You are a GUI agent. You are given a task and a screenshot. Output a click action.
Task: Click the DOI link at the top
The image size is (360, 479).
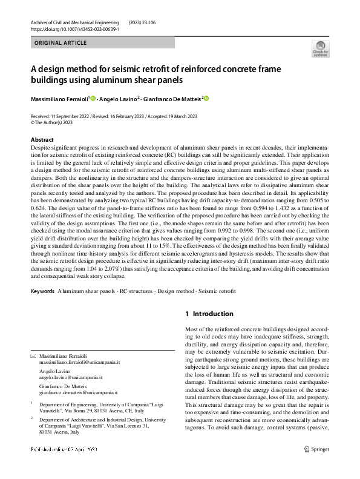tap(74, 28)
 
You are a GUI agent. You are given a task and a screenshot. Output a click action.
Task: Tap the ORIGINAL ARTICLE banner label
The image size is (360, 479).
tap(61, 43)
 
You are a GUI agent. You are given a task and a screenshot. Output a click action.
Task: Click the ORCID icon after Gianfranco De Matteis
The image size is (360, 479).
tap(206, 97)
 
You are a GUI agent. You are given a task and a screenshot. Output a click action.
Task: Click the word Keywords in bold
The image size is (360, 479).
tap(42, 291)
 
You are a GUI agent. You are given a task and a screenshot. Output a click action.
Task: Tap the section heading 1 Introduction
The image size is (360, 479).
tap(209, 314)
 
